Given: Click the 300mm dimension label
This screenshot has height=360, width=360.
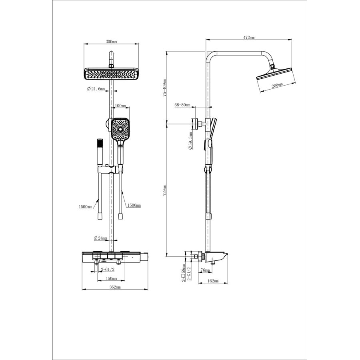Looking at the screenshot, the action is pos(111,42).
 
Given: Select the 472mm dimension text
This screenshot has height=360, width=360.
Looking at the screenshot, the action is pos(249,38).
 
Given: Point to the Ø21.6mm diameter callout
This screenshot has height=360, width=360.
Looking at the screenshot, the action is pos(96,89).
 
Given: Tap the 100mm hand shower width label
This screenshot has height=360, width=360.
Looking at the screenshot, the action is pos(120,106).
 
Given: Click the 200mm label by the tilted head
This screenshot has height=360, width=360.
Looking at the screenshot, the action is pos(277,85).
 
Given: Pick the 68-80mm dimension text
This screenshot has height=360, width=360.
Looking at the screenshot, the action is pos(182,105).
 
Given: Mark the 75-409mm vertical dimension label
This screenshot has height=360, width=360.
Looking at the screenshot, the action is pos(165,87).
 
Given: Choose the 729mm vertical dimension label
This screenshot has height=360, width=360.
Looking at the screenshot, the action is pos(164,190).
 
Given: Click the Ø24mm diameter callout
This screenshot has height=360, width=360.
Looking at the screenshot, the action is pos(100,238).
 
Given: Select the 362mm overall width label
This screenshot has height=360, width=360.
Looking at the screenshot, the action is pos(115,287).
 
